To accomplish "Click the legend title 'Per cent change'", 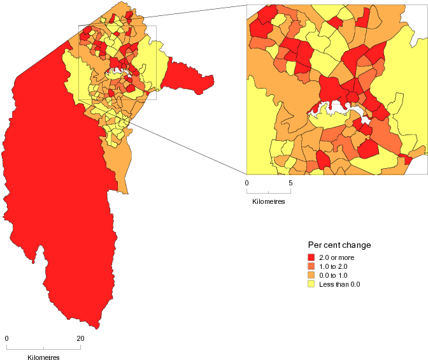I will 339,245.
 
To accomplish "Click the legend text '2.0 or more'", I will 336,257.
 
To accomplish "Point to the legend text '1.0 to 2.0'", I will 334,266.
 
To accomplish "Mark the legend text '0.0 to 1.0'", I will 334,275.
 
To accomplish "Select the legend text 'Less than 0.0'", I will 339,284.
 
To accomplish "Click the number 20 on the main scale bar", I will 80,338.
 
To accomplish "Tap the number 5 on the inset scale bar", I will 290,183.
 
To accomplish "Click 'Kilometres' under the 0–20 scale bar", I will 43,357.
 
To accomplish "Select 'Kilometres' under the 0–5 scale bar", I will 268,201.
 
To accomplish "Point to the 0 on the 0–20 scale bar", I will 6,338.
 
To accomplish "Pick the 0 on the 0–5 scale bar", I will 246,183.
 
